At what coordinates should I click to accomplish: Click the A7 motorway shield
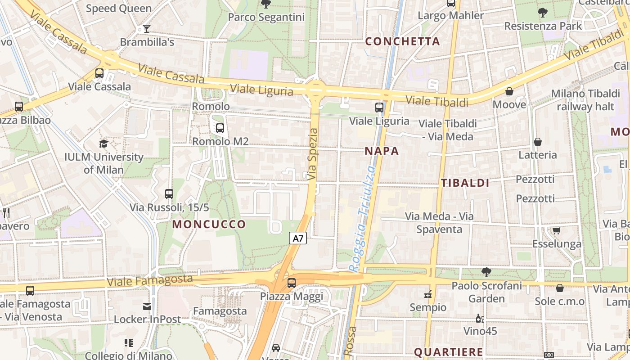pyautogui.click(x=298, y=238)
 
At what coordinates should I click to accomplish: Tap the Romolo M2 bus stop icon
pyautogui.click(x=220, y=128)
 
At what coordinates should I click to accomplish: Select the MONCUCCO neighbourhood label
pyautogui.click(x=209, y=224)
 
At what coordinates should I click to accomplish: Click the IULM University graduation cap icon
pyautogui.click(x=104, y=144)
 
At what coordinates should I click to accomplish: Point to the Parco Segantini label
pyautogui.click(x=266, y=17)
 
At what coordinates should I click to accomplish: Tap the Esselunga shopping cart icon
pyautogui.click(x=556, y=231)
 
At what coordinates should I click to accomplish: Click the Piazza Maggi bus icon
pyautogui.click(x=292, y=283)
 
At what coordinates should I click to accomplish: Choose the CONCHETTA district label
pyautogui.click(x=402, y=41)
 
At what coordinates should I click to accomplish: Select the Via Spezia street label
pyautogui.click(x=313, y=154)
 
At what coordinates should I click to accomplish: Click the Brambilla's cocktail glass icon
pyautogui.click(x=147, y=29)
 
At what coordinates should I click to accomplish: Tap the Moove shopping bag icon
pyautogui.click(x=509, y=92)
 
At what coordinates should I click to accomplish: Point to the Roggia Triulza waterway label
pyautogui.click(x=363, y=218)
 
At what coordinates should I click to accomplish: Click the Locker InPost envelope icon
pyautogui.click(x=147, y=306)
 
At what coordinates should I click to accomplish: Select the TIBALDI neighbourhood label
pyautogui.click(x=465, y=183)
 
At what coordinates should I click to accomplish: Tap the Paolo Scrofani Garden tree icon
pyautogui.click(x=486, y=272)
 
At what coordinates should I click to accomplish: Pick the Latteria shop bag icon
pyautogui.click(x=537, y=142)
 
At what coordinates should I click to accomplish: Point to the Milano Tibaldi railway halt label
pyautogui.click(x=585, y=100)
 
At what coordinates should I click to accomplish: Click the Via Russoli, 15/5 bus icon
pyautogui.click(x=169, y=194)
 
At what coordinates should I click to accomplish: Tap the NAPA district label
pyautogui.click(x=382, y=151)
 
